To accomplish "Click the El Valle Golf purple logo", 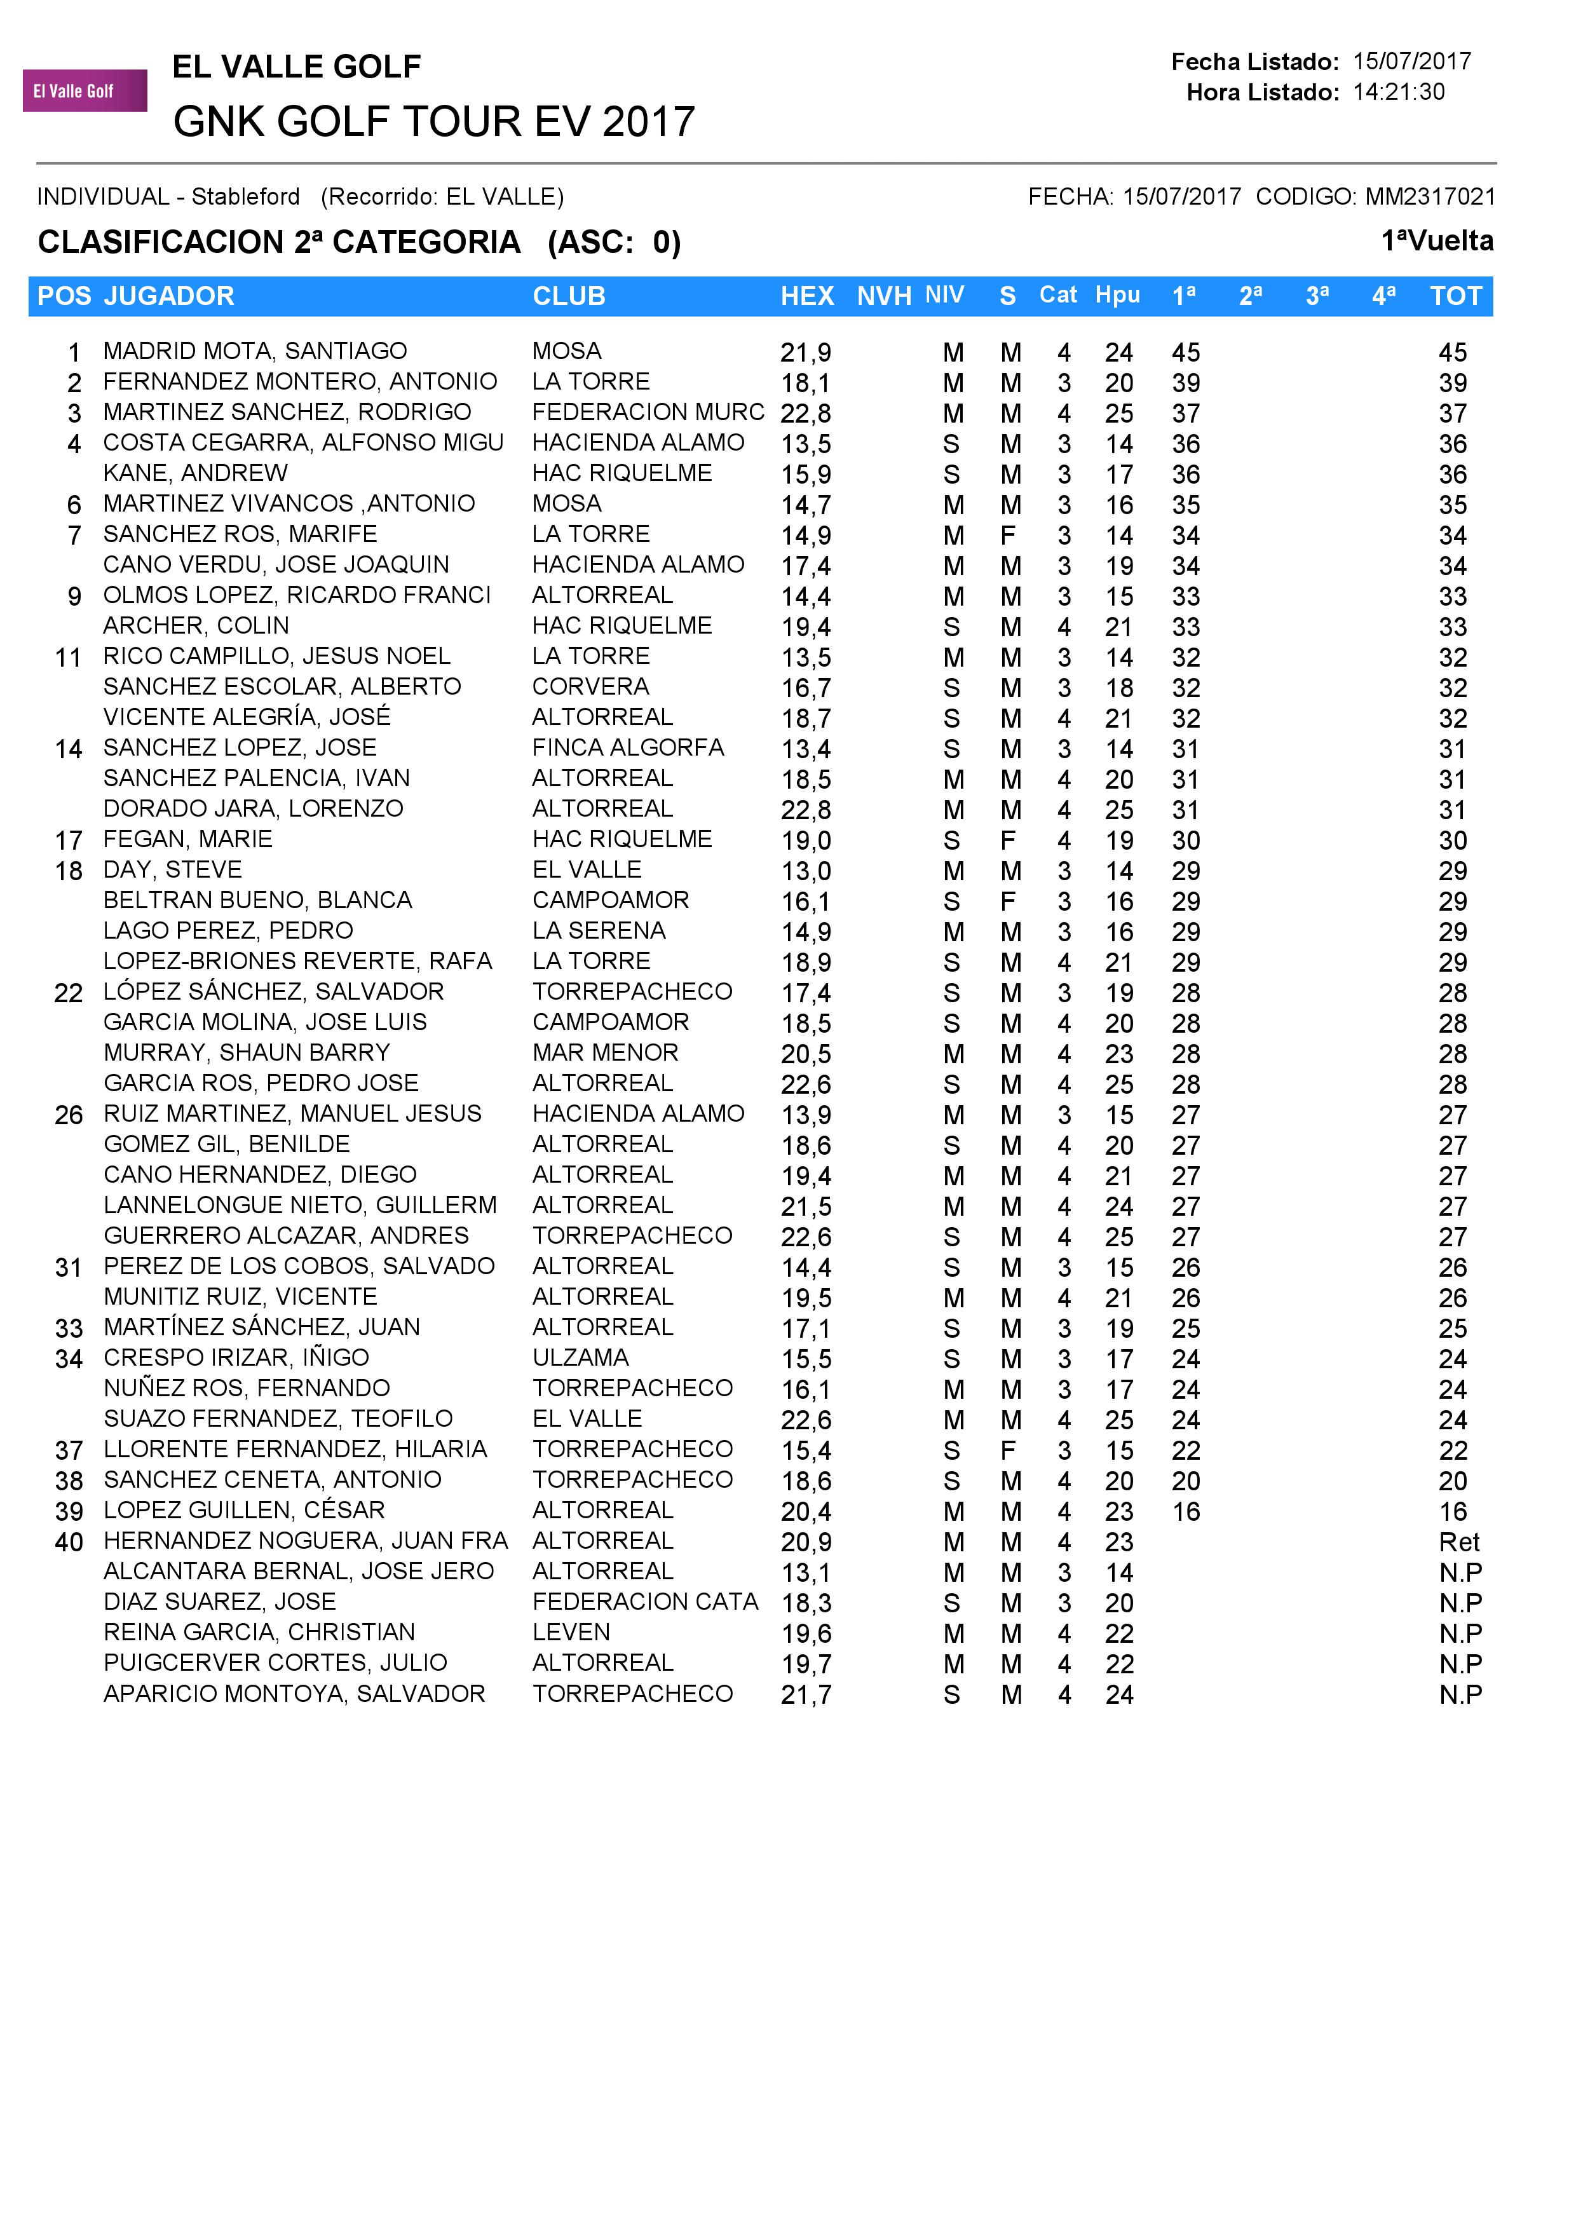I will pos(85,92).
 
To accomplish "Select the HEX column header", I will pos(807,296).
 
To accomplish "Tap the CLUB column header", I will pos(569,296).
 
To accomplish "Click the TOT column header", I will pos(1456,296).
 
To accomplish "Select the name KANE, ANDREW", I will pos(195,474).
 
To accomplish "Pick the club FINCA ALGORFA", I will pos(628,748).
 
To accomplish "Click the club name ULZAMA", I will pos(581,1358).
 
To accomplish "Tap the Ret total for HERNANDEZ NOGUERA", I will pos(1458,1542).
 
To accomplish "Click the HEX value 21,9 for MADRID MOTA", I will pos(806,353).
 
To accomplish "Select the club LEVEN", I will pos(571,1633).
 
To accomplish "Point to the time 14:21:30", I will pos(1398,92).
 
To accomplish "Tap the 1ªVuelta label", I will pos(1437,241).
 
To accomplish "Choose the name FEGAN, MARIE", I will pos(187,839).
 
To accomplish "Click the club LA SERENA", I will pos(599,930).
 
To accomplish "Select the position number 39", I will pos(69,1513).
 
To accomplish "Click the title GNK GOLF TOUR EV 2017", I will pos(434,123).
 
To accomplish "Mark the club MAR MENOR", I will pos(605,1053).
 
